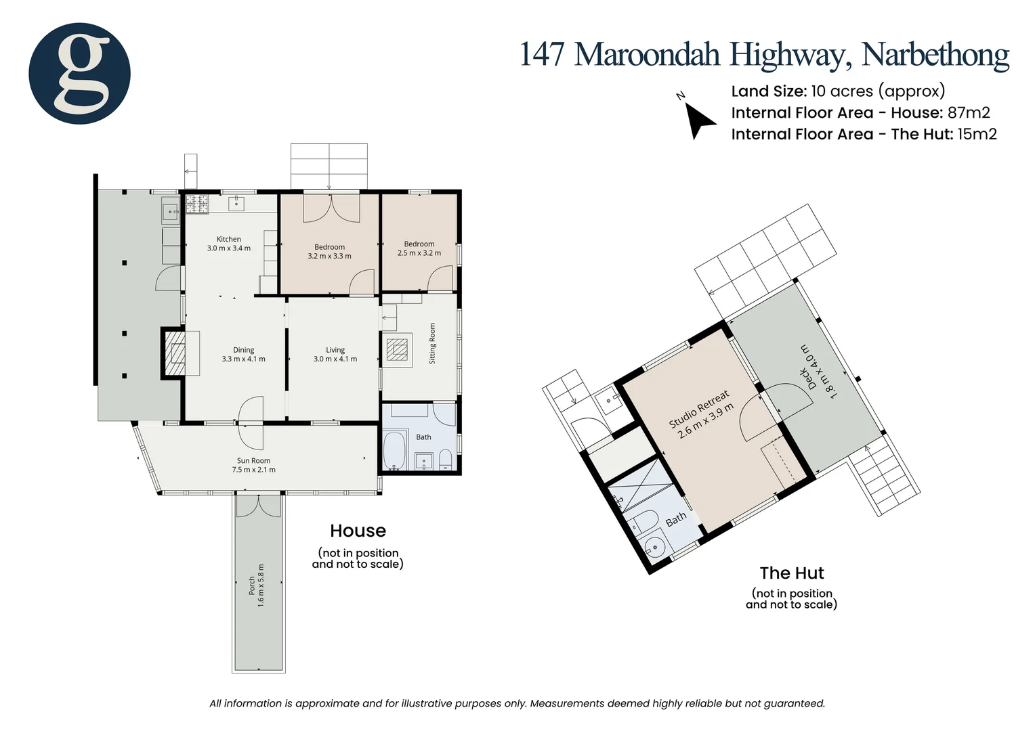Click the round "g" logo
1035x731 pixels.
tap(79, 73)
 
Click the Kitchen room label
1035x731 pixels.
tap(229, 239)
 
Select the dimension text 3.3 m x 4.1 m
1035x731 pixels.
tap(243, 359)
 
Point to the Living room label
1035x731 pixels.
tap(335, 350)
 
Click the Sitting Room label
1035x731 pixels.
tap(432, 343)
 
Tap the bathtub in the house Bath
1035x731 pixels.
tap(395, 449)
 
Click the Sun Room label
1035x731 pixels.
tap(253, 460)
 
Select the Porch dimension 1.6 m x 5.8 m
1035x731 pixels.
tap(261, 585)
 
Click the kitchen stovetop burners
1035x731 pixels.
tap(197, 204)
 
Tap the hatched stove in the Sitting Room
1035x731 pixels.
tap(397, 349)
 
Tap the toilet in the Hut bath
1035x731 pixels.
tap(643, 521)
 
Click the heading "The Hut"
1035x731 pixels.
tap(792, 573)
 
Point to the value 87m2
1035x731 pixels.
tap(969, 112)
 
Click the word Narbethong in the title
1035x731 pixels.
tap(935, 56)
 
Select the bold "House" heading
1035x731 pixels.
tap(358, 531)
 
